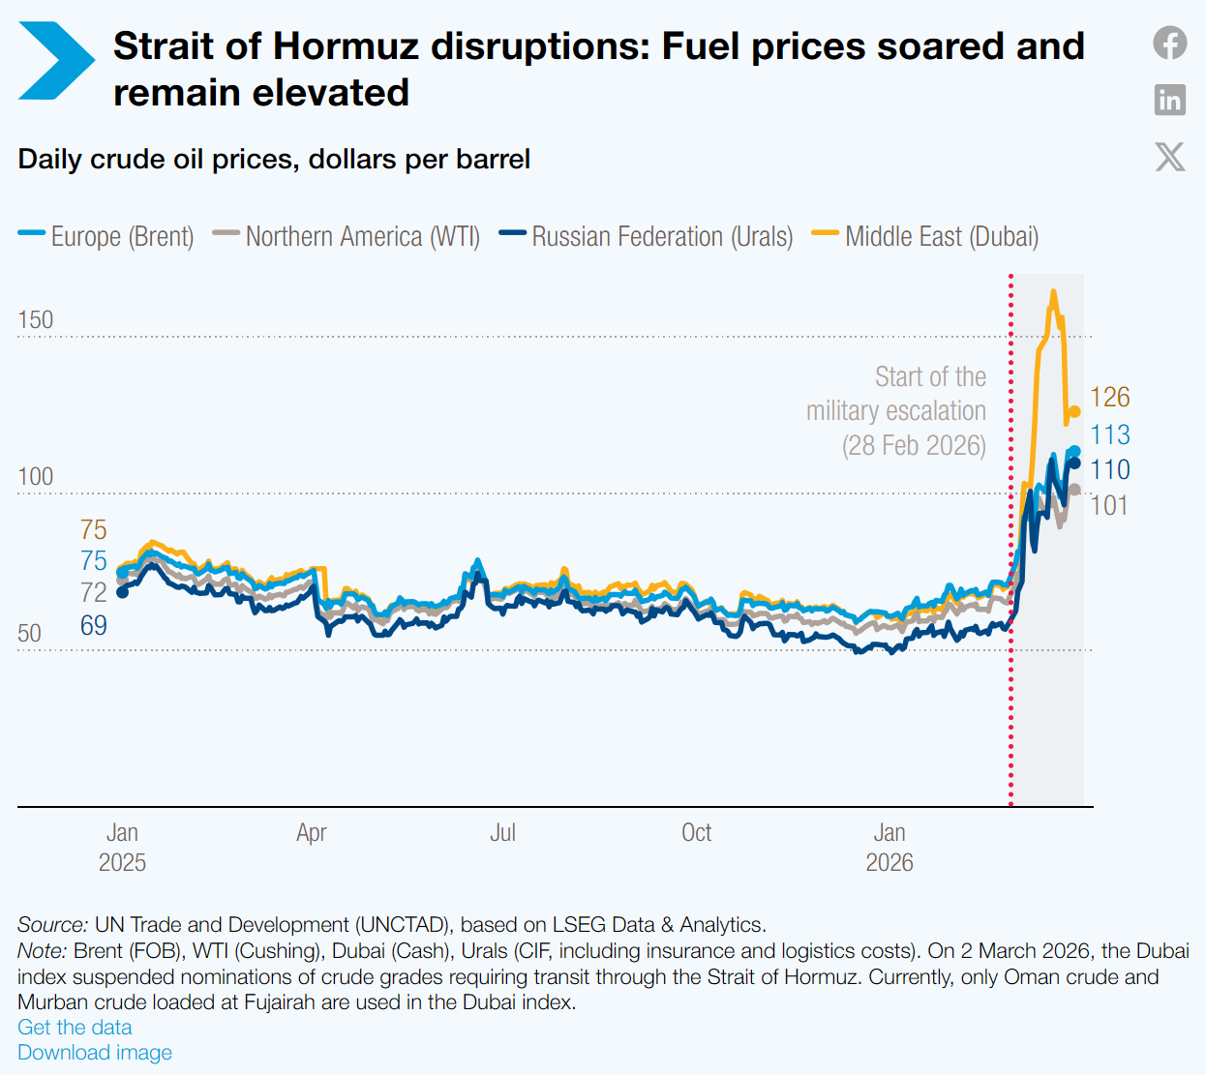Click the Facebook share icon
1169,43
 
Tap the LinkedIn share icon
1169,100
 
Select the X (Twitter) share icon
1169,157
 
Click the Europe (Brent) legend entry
106,236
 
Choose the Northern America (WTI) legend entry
347,236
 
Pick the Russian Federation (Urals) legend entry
646,236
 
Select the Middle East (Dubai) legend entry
925,236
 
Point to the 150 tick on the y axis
36,319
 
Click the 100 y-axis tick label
36,476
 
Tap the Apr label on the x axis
312,833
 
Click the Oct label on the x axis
697,833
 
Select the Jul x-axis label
503,833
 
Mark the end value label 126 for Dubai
1109,397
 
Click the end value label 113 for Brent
1109,434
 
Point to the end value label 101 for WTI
1109,505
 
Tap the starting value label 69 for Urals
94,626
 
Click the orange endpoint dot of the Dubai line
1075,411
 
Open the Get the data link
75,1027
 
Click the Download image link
95,1053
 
